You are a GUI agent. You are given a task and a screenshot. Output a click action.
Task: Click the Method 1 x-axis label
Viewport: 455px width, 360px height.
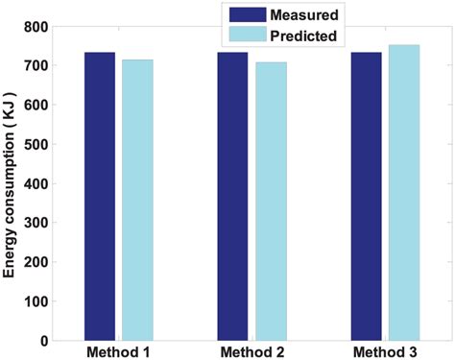(118, 351)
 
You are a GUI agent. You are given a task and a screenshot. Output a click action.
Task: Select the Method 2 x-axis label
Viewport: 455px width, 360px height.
(251, 351)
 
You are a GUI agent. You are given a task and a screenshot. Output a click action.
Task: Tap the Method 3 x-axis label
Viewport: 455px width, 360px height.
(385, 351)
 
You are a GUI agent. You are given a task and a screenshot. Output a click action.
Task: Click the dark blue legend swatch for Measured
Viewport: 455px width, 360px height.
(239, 14)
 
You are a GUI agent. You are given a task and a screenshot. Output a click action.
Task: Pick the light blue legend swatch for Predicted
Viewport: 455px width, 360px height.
(239, 36)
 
